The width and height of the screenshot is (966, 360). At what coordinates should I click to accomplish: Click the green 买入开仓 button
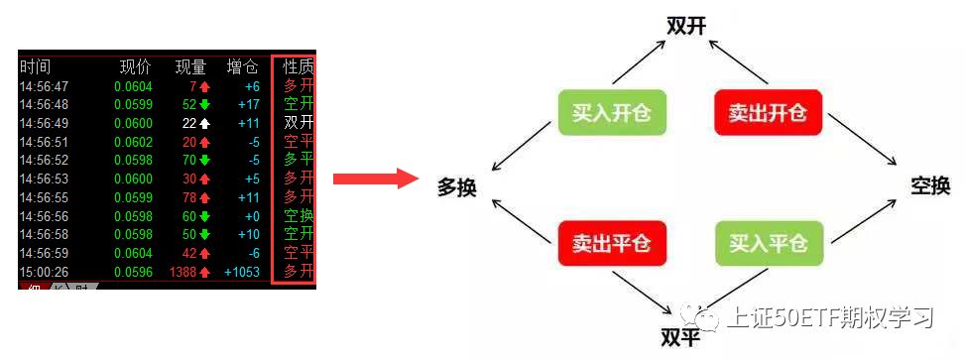tap(611, 112)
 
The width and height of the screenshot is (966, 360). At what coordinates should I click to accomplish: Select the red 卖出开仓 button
tap(767, 112)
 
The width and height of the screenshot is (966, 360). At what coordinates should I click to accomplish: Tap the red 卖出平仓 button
tap(611, 243)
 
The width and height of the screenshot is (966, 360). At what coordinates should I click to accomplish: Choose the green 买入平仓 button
tap(767, 243)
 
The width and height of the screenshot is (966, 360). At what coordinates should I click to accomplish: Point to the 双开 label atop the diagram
tap(686, 26)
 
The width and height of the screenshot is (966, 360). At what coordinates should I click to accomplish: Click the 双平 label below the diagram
tap(680, 335)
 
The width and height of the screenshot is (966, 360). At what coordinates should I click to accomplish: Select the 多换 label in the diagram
tap(457, 185)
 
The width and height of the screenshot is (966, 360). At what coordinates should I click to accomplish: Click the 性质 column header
tap(299, 67)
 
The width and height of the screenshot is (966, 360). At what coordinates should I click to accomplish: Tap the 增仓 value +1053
tap(242, 272)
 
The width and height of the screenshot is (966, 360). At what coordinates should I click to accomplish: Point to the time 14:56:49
tap(44, 123)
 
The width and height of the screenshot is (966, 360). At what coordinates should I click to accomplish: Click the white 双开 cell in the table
tap(299, 123)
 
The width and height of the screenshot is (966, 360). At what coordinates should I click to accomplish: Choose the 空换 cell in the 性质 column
tap(299, 216)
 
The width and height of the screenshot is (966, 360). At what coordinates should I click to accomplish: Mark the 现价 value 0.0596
tap(133, 272)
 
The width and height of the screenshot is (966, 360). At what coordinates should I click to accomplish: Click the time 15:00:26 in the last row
tap(44, 272)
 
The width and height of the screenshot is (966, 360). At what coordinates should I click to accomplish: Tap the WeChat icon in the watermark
tap(708, 317)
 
